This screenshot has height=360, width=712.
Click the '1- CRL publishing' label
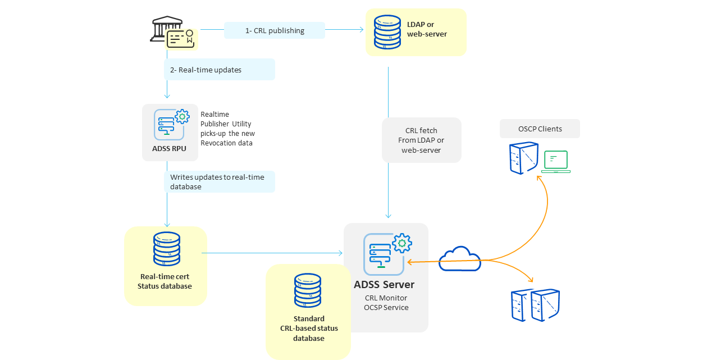click(275, 30)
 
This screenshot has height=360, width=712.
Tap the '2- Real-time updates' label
click(206, 70)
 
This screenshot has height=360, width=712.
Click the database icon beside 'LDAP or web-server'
click(387, 32)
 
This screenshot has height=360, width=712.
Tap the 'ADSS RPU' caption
click(170, 149)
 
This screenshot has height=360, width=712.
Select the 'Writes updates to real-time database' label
click(217, 181)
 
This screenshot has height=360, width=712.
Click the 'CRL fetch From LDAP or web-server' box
click(421, 140)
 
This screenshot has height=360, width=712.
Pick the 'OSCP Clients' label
click(540, 129)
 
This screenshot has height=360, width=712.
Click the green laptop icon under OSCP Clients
click(556, 161)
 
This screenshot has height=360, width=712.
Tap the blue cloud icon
click(460, 259)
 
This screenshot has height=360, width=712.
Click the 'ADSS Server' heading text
click(384, 285)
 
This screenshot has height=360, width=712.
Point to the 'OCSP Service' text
click(386, 307)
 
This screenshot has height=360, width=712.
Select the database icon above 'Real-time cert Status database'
click(167, 249)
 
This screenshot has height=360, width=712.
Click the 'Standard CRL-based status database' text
click(309, 329)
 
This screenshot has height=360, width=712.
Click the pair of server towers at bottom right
click(535, 306)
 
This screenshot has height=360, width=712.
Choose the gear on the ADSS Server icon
click(402, 243)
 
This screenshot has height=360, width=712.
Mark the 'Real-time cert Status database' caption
click(166, 281)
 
